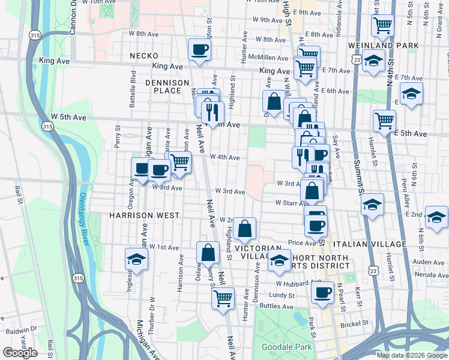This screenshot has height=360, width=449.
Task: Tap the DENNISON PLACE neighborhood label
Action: (x=163, y=86)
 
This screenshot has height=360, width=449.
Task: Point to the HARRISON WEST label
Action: (x=144, y=215)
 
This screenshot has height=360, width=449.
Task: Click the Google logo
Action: (x=20, y=352)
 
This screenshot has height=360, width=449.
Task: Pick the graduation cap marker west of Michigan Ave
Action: (x=137, y=260)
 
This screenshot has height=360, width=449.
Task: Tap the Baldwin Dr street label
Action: (x=21, y=330)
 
